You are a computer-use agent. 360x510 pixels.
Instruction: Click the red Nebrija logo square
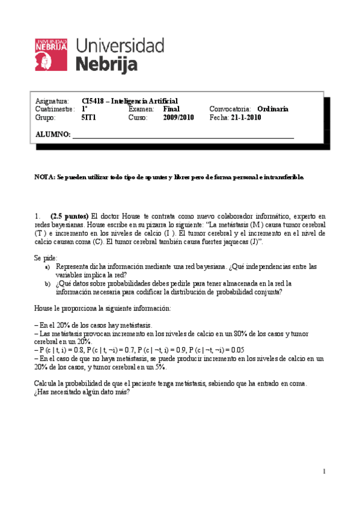coord(52,53)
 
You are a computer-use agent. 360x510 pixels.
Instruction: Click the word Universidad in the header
coord(120,46)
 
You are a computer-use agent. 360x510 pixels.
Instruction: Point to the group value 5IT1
coord(88,118)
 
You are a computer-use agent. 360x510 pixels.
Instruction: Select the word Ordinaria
coord(289,109)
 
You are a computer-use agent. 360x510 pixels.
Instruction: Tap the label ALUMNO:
coord(53,134)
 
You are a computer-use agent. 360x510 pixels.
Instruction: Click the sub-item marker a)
coord(47,266)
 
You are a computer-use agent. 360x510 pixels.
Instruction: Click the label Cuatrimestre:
coord(55,109)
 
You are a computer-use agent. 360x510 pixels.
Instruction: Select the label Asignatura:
coord(52,100)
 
